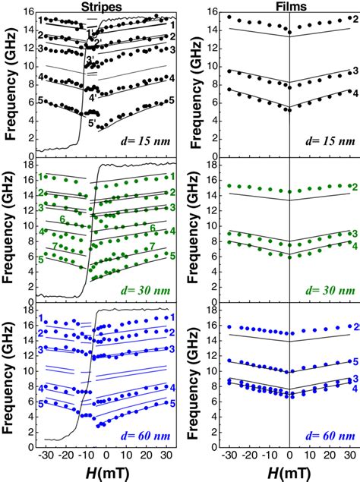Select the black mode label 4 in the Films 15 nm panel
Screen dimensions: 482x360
(355, 93)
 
